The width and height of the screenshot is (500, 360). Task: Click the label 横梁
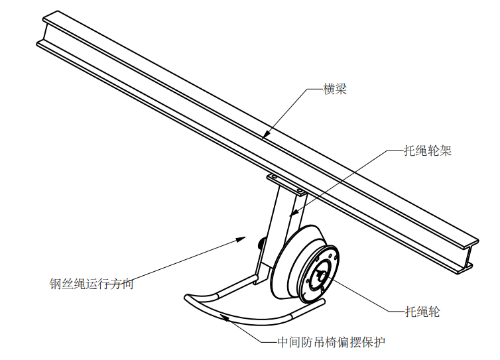coord(335,90)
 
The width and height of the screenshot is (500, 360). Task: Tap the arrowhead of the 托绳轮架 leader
coord(292,215)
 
